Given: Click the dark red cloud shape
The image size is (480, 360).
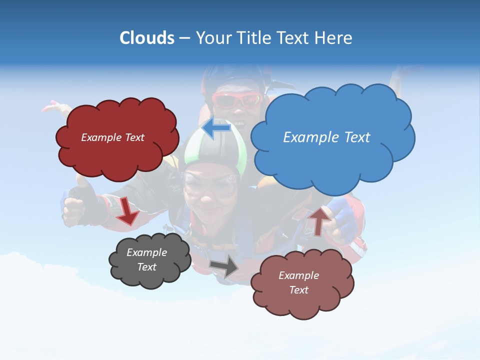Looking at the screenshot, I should (117, 155).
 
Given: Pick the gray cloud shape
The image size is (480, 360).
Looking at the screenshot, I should (149, 277).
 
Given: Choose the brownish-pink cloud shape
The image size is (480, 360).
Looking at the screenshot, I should (302, 302).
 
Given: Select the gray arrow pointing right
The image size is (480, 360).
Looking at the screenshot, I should (224, 267).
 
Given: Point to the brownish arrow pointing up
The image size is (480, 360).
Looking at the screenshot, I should (319, 220).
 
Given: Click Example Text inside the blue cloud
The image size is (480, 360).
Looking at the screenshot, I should (326, 137).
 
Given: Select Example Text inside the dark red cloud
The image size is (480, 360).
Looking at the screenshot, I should (112, 137).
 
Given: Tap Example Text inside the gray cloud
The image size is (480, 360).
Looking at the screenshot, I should (146, 259).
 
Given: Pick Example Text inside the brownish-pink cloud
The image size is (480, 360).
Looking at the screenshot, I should (298, 282).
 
